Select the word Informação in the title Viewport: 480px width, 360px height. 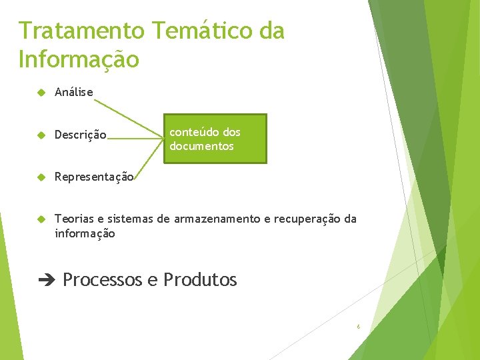(79, 59)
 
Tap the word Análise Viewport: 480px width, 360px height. (74, 92)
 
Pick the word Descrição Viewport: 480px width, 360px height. (80, 135)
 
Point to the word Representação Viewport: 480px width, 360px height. (94, 177)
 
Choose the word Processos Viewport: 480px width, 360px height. (102, 280)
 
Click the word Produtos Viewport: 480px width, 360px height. (200, 280)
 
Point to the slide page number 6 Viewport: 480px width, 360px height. (358, 327)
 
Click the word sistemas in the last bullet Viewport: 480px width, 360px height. (129, 219)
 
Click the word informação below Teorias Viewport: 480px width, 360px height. (85, 233)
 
